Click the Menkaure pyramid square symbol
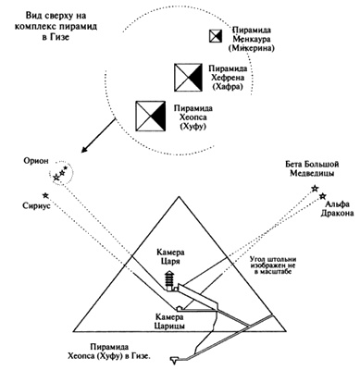click(216, 36)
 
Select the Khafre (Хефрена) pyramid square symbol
click(188, 77)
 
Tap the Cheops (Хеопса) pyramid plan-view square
click(150, 116)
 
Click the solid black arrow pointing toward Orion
click(98, 135)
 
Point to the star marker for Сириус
click(45, 195)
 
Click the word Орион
click(35, 161)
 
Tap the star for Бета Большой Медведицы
click(315, 189)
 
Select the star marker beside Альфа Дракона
click(323, 195)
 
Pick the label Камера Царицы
click(170, 321)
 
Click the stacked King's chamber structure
click(169, 280)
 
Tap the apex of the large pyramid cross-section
click(178, 196)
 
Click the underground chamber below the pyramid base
click(175, 359)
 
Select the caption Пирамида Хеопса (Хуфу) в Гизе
click(110, 351)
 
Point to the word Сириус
click(36, 205)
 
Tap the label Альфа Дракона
click(337, 209)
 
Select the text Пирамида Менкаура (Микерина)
click(252, 39)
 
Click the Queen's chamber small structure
click(180, 308)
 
